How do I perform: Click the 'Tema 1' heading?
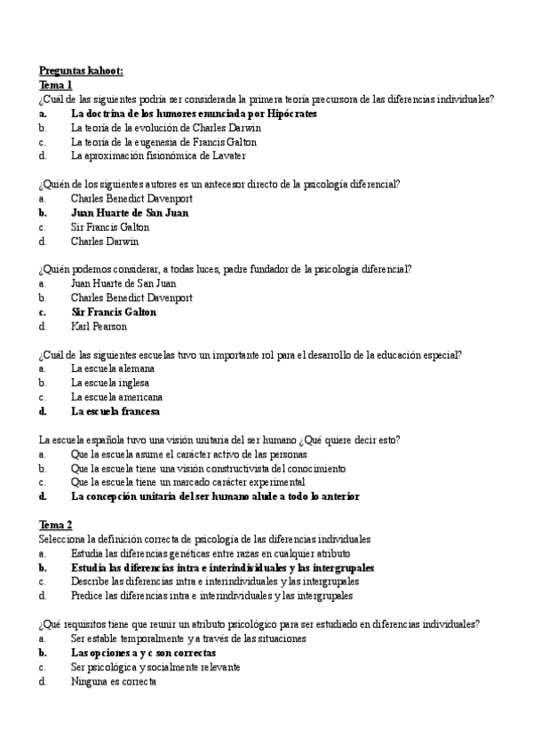point(55,85)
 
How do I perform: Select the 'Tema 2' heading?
point(55,525)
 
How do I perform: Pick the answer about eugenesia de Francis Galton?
point(163,142)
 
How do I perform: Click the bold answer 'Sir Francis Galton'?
point(114,313)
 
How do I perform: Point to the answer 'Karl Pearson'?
point(99,327)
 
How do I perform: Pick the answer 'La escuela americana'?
point(116,397)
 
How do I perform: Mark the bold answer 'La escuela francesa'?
point(115,412)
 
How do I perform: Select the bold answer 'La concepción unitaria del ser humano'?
point(215,497)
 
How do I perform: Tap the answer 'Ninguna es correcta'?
point(114,681)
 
